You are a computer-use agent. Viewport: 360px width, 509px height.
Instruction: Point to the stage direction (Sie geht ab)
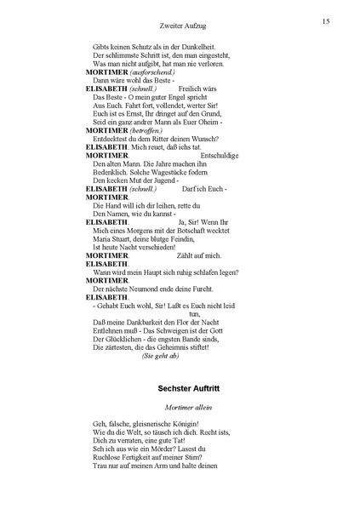(x=160, y=356)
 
